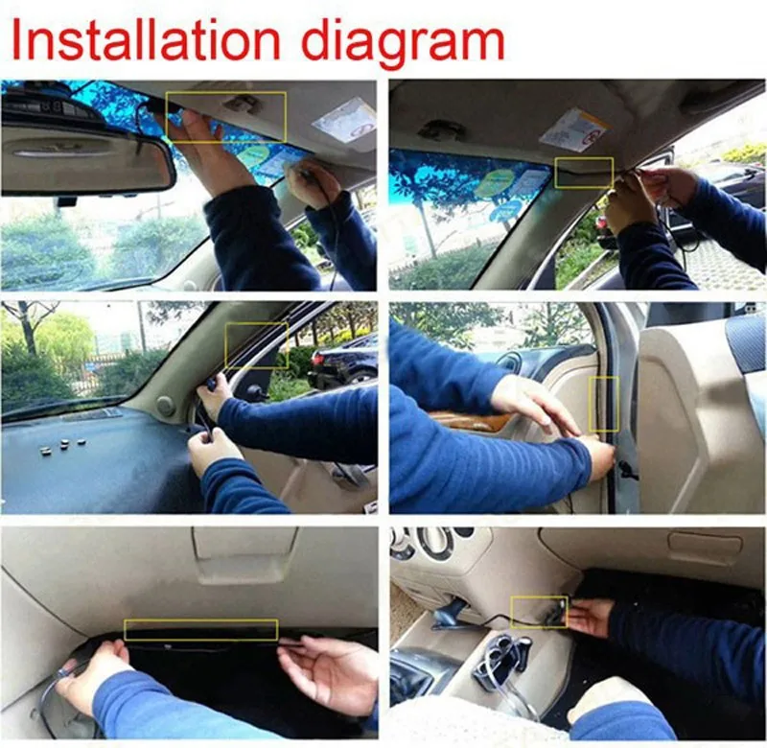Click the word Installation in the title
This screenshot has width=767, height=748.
(x=146, y=40)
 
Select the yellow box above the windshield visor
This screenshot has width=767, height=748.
(x=226, y=117)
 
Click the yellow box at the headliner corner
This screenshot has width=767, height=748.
(x=584, y=173)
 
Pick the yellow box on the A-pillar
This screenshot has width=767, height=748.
(x=256, y=345)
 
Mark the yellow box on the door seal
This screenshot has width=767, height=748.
(x=604, y=405)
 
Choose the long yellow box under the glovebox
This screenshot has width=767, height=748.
(x=201, y=630)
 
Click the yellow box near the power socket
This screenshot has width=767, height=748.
(x=539, y=612)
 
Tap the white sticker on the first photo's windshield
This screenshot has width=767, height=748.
(x=345, y=119)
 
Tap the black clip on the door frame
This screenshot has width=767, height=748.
(x=626, y=470)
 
